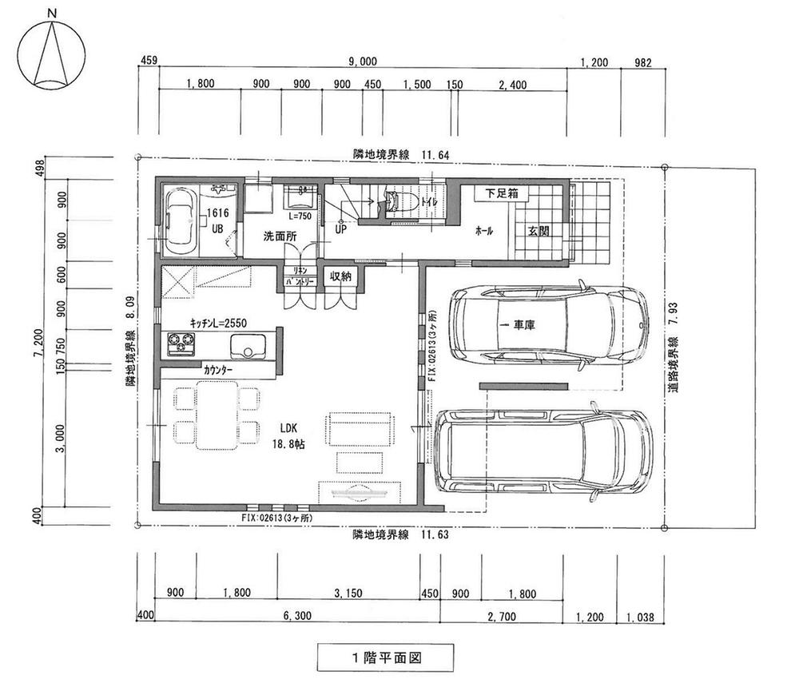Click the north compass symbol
tap(51, 54)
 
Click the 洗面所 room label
tap(280, 236)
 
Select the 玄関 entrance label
tap(538, 232)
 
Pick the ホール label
tap(484, 232)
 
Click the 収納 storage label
tap(340, 276)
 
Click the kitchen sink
tap(249, 346)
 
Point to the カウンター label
tap(218, 371)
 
